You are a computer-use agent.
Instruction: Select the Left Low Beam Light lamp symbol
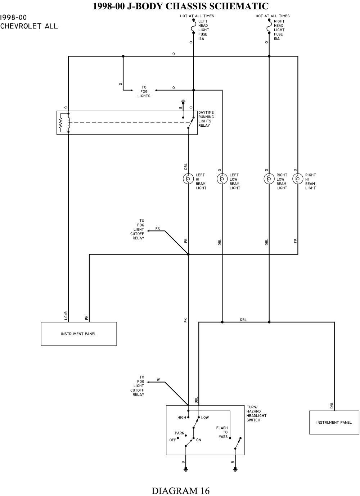[x=222, y=179]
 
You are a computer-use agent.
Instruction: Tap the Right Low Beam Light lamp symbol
[x=269, y=179]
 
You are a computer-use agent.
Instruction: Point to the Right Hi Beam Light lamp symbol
[x=298, y=179]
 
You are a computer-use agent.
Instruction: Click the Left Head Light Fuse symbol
[x=194, y=27]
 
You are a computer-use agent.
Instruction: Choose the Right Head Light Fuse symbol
[x=269, y=27]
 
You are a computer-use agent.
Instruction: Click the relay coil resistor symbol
[x=61, y=123]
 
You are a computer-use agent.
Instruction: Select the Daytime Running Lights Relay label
[x=206, y=119]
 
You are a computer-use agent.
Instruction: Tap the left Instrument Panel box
[x=79, y=334]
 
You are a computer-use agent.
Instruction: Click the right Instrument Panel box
[x=334, y=422]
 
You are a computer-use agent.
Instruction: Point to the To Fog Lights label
[x=144, y=91]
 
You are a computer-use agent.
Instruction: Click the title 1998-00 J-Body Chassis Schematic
[x=180, y=6]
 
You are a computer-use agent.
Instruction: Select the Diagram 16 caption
[x=180, y=490]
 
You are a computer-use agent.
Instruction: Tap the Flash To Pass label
[x=222, y=432]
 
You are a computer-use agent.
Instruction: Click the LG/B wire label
[x=66, y=315]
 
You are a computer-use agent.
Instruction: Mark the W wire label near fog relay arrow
[x=158, y=380]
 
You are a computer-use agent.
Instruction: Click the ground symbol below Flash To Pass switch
[x=235, y=469]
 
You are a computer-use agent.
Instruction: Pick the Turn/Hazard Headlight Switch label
[x=256, y=413]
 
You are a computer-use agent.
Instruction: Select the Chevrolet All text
[x=29, y=26]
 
